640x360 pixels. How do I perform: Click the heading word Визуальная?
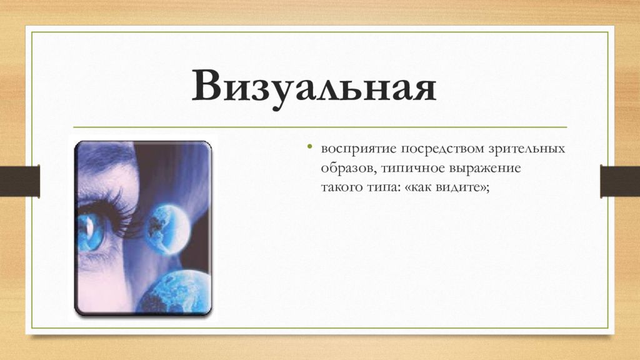(x=314, y=87)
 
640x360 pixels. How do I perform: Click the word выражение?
(x=486, y=169)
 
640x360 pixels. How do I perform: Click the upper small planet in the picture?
(x=165, y=227)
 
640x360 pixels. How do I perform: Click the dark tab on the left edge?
(x=19, y=181)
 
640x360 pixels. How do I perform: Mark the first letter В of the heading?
(x=209, y=87)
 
